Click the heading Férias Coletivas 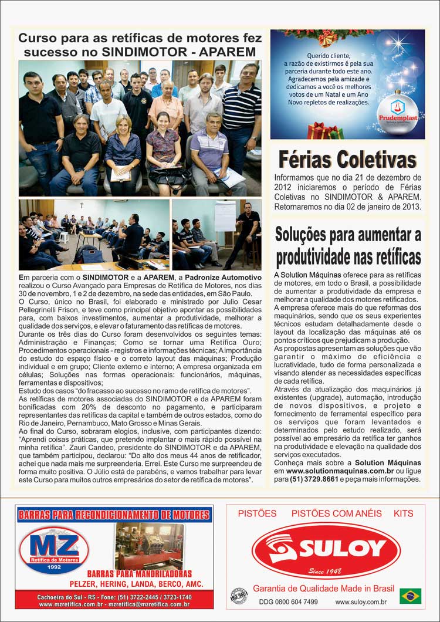click(347, 158)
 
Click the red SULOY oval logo click(326, 550)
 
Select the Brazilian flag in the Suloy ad click(410, 596)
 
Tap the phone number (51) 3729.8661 click(314, 479)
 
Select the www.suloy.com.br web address click(361, 601)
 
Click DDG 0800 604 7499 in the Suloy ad click(288, 601)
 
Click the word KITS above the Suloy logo click(404, 513)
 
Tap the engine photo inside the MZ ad click(149, 545)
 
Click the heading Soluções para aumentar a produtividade click(348, 246)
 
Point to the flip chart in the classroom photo click(225, 217)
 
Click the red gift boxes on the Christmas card click(324, 131)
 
